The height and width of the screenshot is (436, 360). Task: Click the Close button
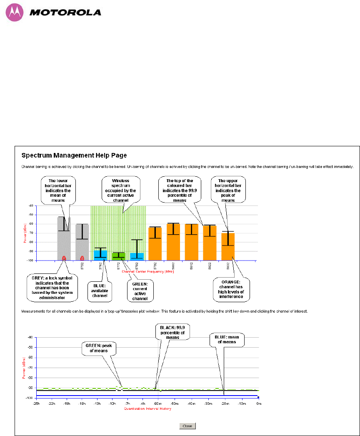pos(187,426)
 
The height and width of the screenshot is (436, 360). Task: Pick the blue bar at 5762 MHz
pos(100,255)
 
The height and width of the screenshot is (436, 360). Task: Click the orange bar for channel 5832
pos(228,246)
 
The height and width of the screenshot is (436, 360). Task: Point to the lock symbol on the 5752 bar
pos(82,258)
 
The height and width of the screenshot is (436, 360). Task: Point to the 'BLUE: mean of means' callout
pos(226,340)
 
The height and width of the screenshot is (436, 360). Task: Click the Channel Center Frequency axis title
pos(147,271)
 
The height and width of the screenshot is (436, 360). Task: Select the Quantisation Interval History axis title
pos(147,408)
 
